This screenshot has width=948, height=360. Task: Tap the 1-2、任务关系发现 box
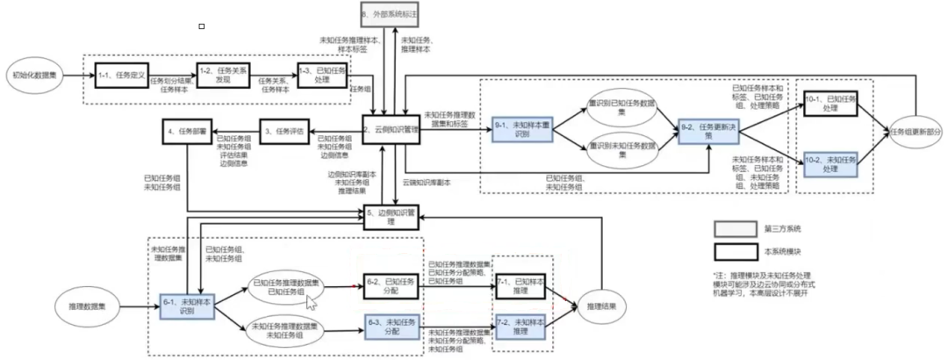coord(219,75)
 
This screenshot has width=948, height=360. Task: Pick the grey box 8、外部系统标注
coord(389,15)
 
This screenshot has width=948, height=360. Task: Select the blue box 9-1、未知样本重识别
coord(523,128)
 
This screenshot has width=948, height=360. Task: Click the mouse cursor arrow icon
coord(310,303)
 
